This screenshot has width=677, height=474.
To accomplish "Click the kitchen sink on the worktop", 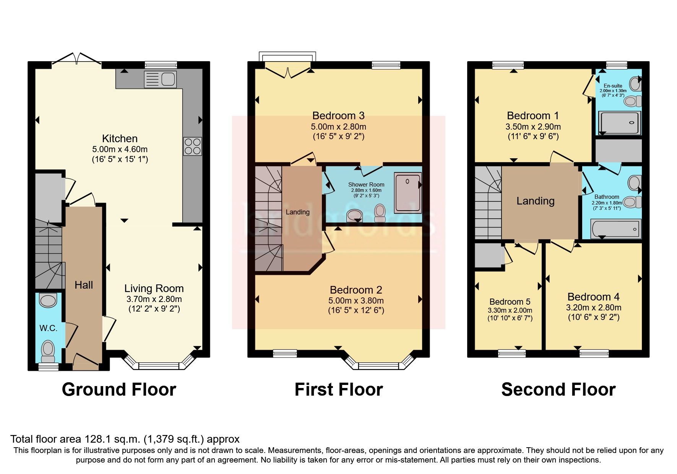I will [161, 80].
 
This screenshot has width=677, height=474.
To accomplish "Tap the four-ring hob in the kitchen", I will [192, 146].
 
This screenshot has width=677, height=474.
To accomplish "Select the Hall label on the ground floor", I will [84, 285].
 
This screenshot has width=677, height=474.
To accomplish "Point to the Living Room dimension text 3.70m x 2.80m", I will [154, 299].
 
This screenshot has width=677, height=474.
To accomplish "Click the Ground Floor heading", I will [119, 390].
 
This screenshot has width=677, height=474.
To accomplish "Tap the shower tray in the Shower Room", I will [407, 192].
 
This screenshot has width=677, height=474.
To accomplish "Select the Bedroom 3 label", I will [338, 115].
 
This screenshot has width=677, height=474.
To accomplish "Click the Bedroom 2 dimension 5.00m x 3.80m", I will [356, 301].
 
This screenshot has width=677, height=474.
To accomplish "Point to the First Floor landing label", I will [297, 212].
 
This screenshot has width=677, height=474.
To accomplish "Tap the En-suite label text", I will [613, 86].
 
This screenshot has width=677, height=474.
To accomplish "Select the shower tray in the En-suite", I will [619, 123].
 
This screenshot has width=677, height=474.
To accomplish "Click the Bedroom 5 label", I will [510, 302].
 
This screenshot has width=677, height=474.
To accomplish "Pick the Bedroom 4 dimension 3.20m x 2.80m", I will [593, 308].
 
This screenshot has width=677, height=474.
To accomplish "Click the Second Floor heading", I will [558, 390].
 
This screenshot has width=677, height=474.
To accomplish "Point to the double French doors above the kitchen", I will [76, 59].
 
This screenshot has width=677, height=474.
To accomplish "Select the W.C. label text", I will [48, 328].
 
